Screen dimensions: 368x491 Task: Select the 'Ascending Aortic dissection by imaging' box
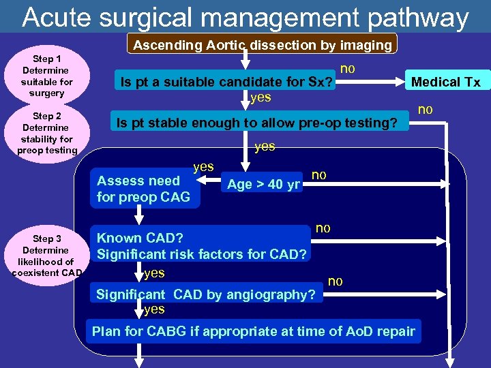coord(262,46)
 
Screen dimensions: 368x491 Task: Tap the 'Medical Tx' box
coord(445,82)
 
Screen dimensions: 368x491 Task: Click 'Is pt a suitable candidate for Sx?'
coord(226,82)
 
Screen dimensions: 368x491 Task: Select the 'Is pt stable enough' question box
coord(257,123)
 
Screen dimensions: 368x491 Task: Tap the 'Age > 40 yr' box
coord(263,184)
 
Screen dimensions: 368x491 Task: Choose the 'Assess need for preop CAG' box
coord(144,189)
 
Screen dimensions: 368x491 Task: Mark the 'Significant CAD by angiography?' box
coord(205,294)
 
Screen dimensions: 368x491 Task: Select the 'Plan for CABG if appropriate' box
coord(253,332)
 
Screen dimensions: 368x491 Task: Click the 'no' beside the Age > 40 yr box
coord(318,175)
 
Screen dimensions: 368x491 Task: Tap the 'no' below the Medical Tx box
coord(425,109)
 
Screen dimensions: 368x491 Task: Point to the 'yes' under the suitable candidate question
coord(261,97)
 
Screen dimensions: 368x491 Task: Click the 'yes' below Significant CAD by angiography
coord(154,309)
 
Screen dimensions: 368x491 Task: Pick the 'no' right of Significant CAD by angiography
coord(335,281)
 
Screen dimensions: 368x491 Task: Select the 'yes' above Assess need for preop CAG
coord(203,166)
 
